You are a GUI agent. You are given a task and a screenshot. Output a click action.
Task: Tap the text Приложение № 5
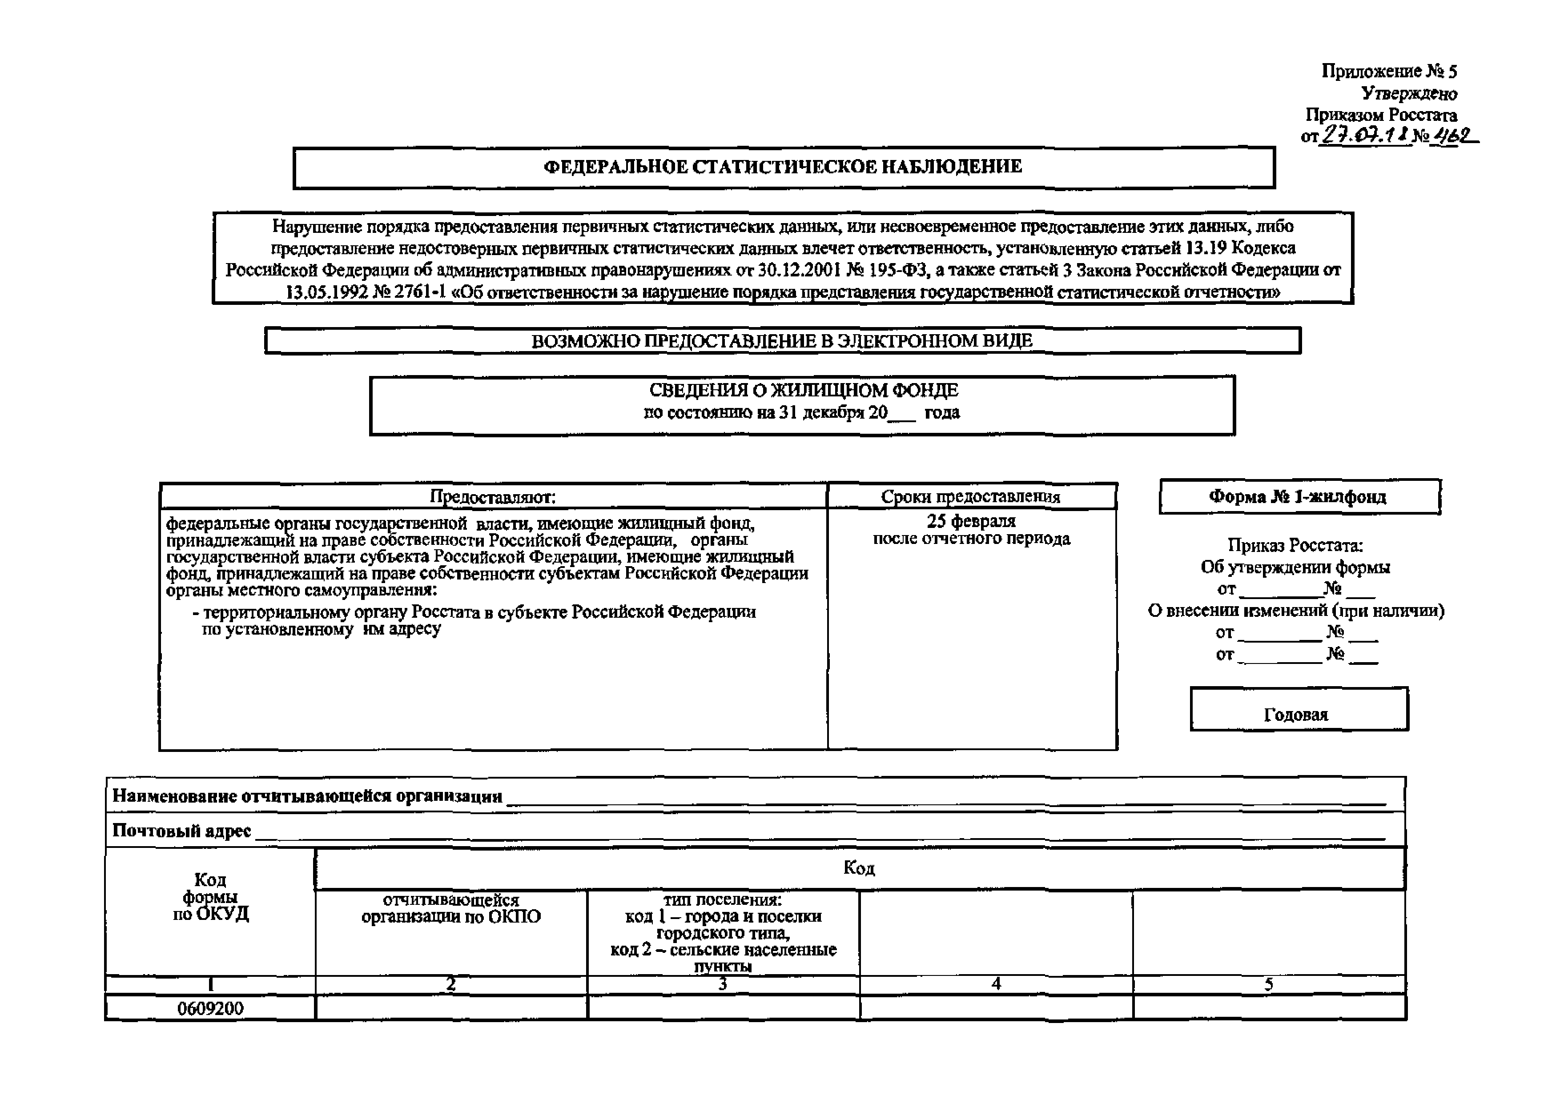1389,71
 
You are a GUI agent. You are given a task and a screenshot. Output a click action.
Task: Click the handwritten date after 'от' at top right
1363,136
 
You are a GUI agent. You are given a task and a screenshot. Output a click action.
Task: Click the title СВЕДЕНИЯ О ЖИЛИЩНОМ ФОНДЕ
803,391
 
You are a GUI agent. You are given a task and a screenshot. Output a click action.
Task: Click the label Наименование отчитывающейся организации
307,796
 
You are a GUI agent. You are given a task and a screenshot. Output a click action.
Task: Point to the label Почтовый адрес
181,831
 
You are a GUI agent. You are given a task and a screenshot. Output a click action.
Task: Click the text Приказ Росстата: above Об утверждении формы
1295,545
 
